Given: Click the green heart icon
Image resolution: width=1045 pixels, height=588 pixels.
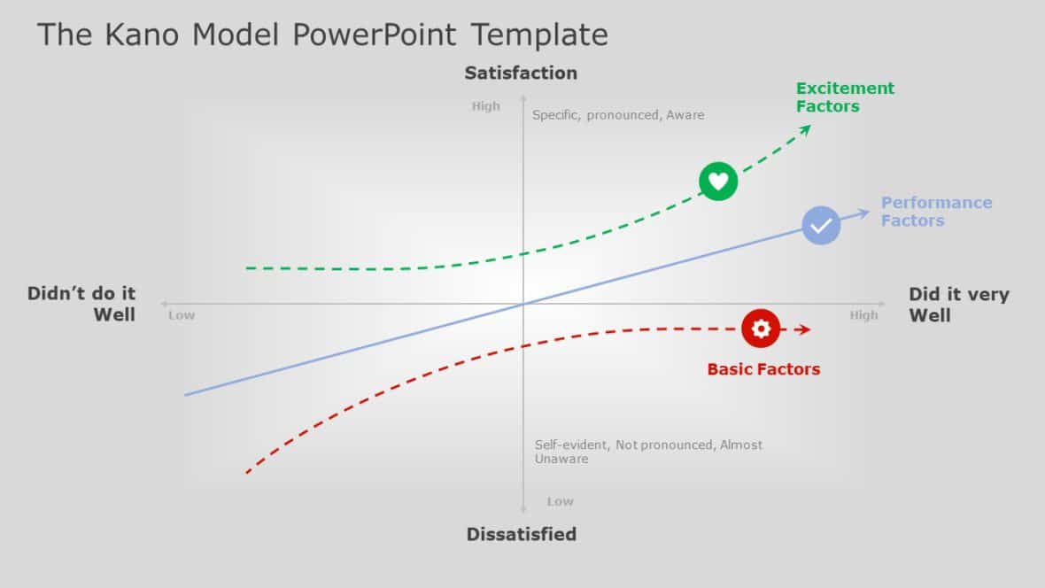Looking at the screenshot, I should point(718,182).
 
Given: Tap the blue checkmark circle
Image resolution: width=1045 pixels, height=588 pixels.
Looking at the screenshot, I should point(821,225).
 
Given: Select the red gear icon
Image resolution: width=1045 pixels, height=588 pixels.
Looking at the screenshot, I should point(761,329).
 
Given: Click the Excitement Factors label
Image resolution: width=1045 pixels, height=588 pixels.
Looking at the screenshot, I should point(845,97).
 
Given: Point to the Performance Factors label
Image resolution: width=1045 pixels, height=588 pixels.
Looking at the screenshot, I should point(936,212).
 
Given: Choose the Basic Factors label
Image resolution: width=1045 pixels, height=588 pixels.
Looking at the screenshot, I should point(763,369).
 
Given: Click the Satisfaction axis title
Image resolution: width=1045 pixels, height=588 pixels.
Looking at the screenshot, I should point(521,73).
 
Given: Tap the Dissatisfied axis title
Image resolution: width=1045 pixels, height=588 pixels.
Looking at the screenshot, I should point(522,534).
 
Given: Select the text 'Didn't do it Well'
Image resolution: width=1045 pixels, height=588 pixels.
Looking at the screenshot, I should point(81,304).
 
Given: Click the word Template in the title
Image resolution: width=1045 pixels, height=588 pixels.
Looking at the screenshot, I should point(539,35).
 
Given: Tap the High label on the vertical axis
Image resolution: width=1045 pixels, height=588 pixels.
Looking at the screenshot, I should point(485,106).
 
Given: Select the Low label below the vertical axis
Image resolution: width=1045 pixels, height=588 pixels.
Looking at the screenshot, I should point(560,501).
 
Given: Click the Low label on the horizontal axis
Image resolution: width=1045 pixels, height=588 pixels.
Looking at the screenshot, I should point(182,315).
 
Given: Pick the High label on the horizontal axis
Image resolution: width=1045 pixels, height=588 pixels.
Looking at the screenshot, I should point(863,315).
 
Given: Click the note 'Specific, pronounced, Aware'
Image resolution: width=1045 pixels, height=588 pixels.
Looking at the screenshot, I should point(618,115).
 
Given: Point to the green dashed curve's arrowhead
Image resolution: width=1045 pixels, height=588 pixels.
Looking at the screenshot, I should point(806,129).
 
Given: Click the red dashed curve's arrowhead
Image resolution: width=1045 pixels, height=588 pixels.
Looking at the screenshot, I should point(804,329).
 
